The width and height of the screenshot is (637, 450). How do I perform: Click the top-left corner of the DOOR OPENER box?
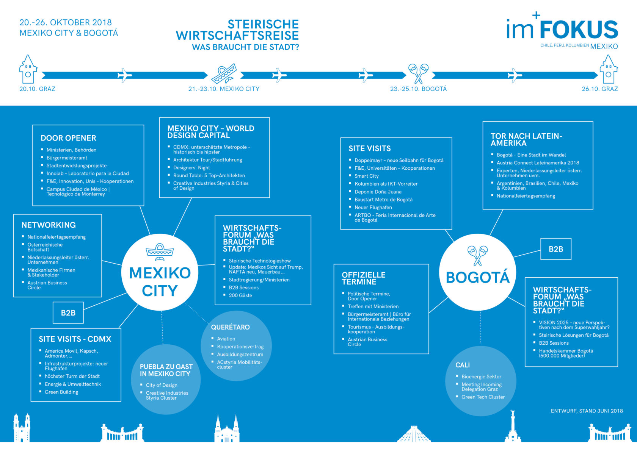(x=33, y=125)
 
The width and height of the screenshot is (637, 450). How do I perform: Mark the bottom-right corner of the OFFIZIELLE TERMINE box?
(x=428, y=354)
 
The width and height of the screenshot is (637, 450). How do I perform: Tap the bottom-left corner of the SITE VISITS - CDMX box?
(x=31, y=401)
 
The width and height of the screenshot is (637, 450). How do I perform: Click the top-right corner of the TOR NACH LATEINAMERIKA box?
(x=593, y=122)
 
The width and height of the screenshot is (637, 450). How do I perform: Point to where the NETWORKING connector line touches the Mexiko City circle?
(x=122, y=265)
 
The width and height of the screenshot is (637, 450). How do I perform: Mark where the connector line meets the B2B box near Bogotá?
(x=541, y=250)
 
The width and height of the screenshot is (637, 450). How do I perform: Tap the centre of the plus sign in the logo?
(x=536, y=15)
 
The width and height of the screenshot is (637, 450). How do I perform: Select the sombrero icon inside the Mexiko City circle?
(x=160, y=252)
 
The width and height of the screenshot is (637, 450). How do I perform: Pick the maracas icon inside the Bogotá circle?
(x=477, y=255)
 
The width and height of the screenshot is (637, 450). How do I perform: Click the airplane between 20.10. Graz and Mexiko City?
(x=124, y=75)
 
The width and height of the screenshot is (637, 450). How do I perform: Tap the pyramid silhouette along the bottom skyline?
(x=414, y=434)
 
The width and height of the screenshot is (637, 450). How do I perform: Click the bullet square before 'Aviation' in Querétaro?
(x=212, y=338)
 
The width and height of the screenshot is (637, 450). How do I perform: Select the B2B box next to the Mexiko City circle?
(x=68, y=312)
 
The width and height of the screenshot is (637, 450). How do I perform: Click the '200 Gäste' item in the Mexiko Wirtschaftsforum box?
(x=240, y=295)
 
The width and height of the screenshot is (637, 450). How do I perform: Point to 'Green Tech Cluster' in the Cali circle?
(x=483, y=397)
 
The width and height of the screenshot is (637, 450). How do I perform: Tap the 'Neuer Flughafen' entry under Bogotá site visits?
(x=373, y=208)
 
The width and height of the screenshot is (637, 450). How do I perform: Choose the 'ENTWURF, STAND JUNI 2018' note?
(x=587, y=411)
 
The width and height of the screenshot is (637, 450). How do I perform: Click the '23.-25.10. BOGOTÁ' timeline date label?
(x=418, y=89)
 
